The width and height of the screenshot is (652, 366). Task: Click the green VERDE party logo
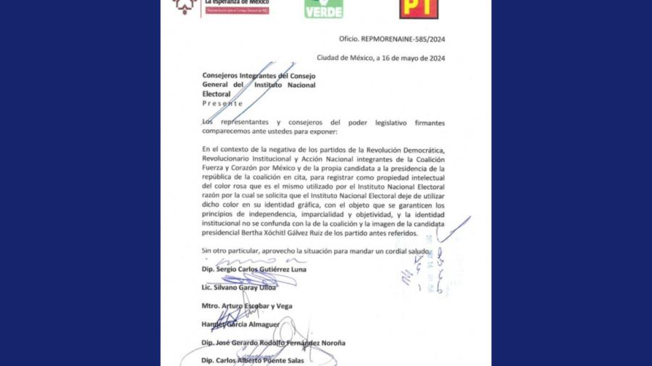(x=323, y=9)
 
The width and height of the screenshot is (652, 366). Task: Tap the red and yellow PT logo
(x=420, y=9)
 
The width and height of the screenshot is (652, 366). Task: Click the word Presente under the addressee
(x=222, y=103)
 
